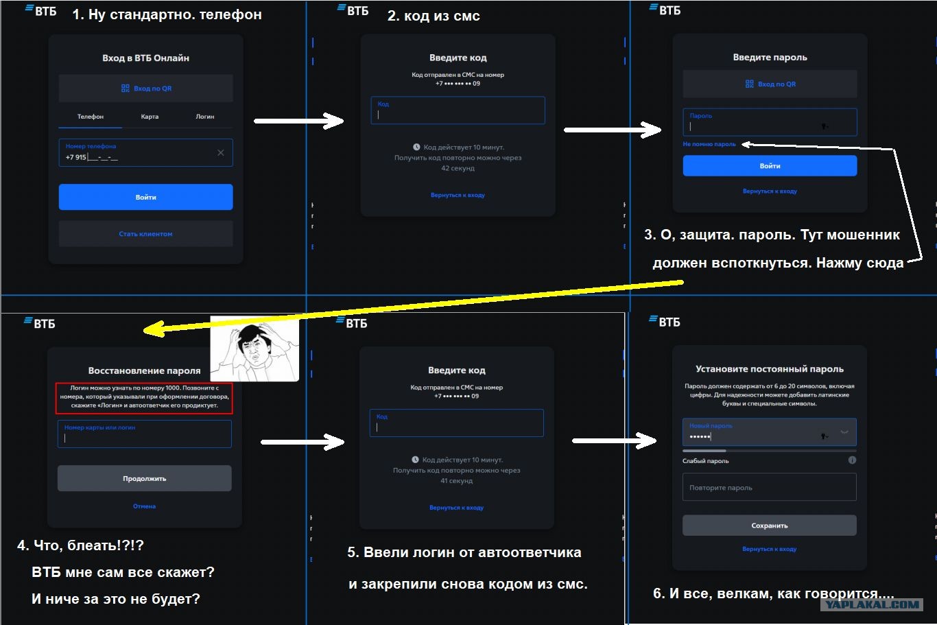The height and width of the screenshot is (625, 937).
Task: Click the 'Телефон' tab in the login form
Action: pos(91,117)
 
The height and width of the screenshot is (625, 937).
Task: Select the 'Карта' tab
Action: pos(150,117)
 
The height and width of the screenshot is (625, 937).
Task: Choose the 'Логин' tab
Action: pos(205,117)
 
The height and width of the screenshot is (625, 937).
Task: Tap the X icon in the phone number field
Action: pos(221,153)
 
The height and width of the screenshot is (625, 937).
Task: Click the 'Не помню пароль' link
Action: pos(709,144)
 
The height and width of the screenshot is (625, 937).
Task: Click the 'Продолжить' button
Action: pos(144,478)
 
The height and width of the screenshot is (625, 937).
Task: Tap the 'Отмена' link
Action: pos(144,506)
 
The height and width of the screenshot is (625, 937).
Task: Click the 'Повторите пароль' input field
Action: pos(769,487)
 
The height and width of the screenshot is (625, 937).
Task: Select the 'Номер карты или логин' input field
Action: pos(144,434)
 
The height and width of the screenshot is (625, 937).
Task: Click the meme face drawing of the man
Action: pos(254,349)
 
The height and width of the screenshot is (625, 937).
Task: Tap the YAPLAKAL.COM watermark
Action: pos(872,604)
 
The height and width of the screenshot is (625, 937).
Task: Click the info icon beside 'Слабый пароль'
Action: pos(852,460)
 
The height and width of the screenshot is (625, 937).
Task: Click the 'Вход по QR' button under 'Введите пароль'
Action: pos(770,84)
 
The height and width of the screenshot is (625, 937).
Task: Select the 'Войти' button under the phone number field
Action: pos(145,197)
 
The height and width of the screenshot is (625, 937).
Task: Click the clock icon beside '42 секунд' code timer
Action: pos(416,147)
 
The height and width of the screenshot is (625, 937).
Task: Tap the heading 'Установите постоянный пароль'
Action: pos(769,369)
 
